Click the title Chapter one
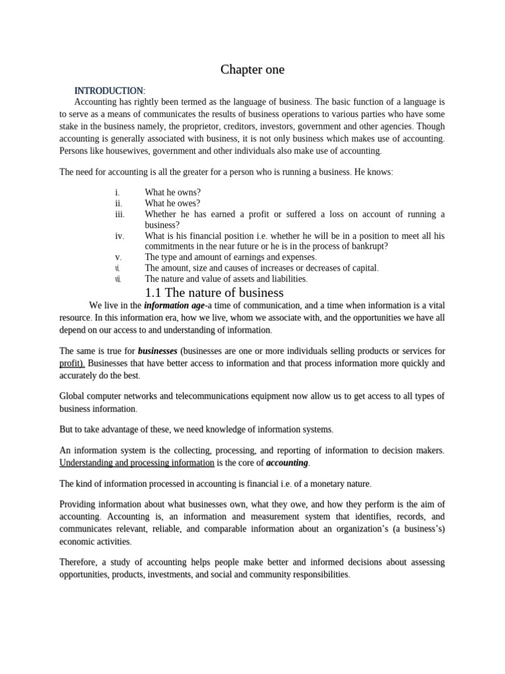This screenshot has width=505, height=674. tap(252, 69)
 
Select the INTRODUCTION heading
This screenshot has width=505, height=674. tap(108, 90)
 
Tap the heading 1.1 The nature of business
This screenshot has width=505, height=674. tap(214, 292)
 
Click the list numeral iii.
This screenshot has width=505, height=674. tap(119, 215)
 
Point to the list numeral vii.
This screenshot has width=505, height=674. tap(118, 279)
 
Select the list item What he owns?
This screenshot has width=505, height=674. tap(173, 192)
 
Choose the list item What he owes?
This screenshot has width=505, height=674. tap(173, 203)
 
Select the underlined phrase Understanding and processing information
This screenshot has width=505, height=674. tap(137, 463)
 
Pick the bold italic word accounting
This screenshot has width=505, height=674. tap(287, 463)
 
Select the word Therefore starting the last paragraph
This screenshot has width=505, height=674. tap(79, 562)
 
